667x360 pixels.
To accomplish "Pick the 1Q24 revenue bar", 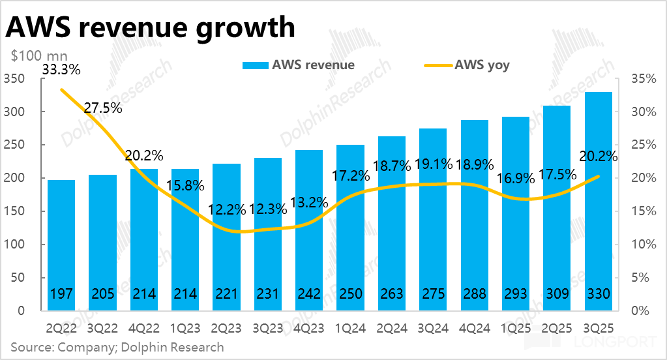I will pos(350,228).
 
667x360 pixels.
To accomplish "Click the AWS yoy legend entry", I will pos(466,65).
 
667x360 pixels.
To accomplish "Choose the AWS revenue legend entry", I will pos(299,65).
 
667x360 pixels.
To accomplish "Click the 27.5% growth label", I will pos(103,108).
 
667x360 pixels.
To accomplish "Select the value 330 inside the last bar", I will pos(598,294).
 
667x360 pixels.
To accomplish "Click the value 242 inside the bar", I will pos(309,294).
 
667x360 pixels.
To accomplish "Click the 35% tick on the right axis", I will pos(643,79).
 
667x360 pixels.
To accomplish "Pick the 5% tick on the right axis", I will pos(643,278).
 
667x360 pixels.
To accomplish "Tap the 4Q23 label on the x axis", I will pos(309,327).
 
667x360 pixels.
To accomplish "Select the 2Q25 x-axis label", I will pos(557,327).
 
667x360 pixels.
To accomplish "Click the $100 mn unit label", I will pos(38,55).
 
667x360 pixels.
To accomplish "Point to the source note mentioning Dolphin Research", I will pos(117,347).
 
